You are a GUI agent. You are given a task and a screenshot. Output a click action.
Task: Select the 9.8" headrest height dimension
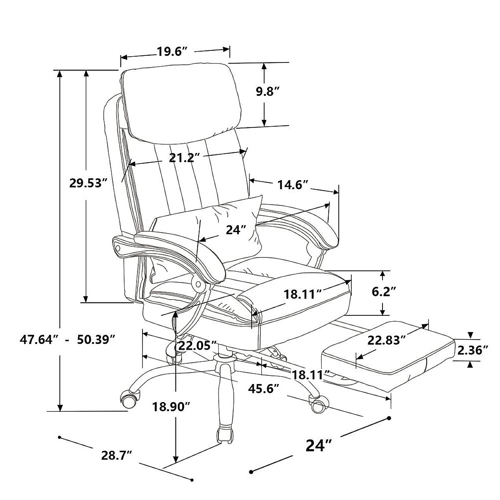click(x=267, y=92)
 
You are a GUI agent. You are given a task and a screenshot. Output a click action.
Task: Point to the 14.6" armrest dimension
click(x=292, y=185)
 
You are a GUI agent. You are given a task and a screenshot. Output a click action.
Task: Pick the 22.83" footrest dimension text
click(x=386, y=340)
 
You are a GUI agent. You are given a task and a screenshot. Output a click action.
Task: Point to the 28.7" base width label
click(x=117, y=455)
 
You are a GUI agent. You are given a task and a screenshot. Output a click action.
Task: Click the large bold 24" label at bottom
click(x=319, y=445)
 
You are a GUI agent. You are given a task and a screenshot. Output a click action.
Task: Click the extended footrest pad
click(x=387, y=354)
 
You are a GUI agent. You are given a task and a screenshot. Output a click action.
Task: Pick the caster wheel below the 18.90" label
click(x=224, y=435)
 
